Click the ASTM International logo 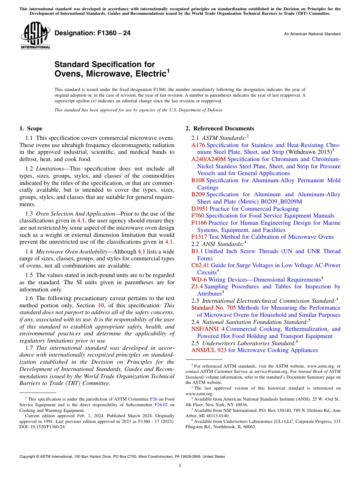[x=35, y=36]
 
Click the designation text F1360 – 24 [x=92, y=33]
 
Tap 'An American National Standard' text [x=312, y=34]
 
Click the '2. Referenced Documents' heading [x=220, y=128]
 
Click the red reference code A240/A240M [x=208, y=159]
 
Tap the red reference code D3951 [x=200, y=209]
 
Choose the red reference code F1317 [x=199, y=237]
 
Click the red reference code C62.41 [x=200, y=265]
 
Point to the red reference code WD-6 [x=199, y=280]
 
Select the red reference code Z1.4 [x=197, y=286]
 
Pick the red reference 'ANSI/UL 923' [x=209, y=350]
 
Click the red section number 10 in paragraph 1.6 [x=101, y=305]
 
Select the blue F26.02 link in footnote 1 [x=161, y=405]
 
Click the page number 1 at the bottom [x=180, y=466]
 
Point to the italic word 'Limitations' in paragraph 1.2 [x=51, y=169]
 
